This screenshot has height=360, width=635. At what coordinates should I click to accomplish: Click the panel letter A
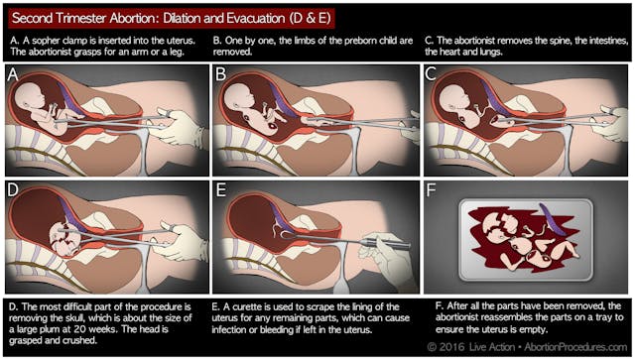click(x=13, y=74)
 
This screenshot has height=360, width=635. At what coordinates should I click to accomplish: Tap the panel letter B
click(x=221, y=74)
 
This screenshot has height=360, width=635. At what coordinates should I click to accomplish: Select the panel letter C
click(x=431, y=74)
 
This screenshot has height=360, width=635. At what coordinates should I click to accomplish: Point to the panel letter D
click(x=13, y=189)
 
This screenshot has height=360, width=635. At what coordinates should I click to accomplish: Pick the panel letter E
click(x=221, y=189)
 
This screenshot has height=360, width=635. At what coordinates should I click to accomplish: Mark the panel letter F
click(x=432, y=189)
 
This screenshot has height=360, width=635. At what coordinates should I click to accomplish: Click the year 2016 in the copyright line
click(x=452, y=347)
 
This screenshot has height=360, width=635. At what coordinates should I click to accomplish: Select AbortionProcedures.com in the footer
click(x=575, y=347)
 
